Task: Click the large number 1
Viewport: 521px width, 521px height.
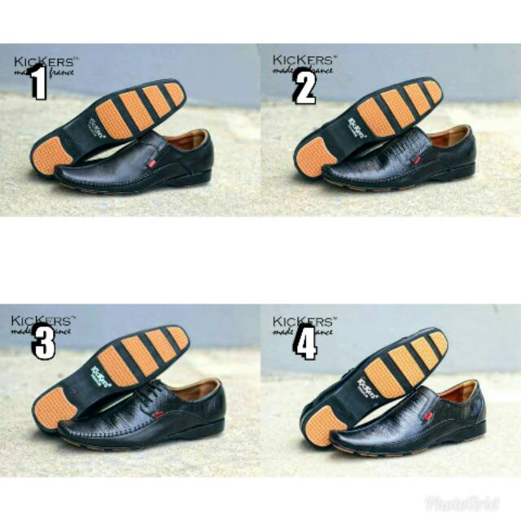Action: [x=38, y=84]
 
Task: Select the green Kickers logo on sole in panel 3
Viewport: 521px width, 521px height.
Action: [x=100, y=376]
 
